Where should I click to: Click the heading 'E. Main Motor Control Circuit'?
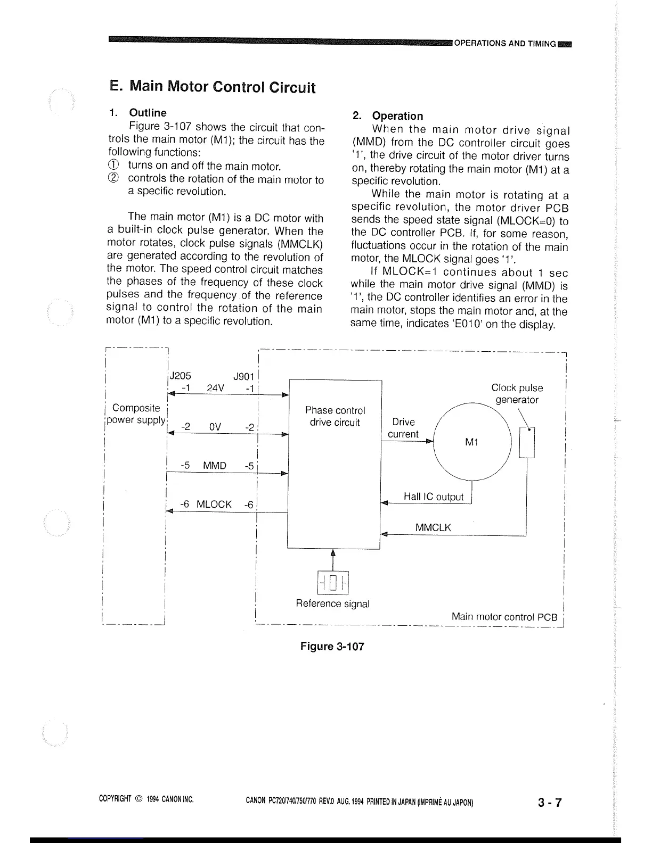coord(212,87)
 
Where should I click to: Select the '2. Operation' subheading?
coord(388,116)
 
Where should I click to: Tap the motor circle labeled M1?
coord(471,441)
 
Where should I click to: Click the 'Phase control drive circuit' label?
coord(335,417)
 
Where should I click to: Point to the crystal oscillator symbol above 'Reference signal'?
coord(332,582)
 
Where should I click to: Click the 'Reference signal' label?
coord(332,604)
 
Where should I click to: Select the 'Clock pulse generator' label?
coord(517,394)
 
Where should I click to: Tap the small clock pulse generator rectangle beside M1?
coord(527,442)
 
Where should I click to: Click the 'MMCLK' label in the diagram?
coord(433,527)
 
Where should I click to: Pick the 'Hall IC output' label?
coord(433,497)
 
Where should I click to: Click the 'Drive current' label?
coord(403,428)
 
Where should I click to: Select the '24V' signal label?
coord(215,388)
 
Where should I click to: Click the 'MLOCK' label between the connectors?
coord(214,504)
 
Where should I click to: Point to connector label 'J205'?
coord(180,375)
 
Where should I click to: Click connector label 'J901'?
coord(244,376)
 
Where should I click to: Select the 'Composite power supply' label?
coord(136,414)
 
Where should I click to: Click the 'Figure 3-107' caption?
coord(332,646)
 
